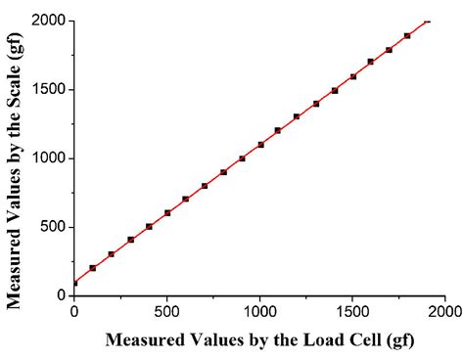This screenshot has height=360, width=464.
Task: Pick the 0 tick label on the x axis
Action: [74, 312]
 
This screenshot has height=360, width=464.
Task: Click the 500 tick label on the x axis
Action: [166, 312]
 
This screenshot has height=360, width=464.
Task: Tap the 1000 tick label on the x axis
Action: [259, 312]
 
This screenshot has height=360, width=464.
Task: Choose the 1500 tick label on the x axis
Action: [352, 312]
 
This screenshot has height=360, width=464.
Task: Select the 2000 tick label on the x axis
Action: [443, 312]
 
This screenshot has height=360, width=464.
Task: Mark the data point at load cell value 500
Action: [167, 212]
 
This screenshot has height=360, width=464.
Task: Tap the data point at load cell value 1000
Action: [260, 145]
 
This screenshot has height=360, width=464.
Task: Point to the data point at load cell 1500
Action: [353, 76]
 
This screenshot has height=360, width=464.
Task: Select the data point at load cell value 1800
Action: [407, 36]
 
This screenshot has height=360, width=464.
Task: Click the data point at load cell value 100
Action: [93, 268]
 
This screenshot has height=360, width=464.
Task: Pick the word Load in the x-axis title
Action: [300, 341]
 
